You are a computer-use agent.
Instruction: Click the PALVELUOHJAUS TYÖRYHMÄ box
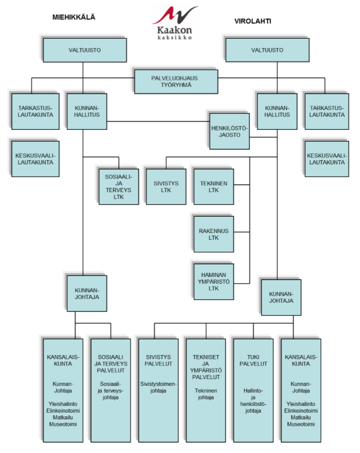[176, 80]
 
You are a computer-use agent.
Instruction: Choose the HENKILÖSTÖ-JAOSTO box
[228, 130]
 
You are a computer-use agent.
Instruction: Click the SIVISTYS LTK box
[166, 187]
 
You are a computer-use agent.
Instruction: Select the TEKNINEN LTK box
[213, 187]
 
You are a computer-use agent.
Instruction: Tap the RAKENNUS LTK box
[213, 234]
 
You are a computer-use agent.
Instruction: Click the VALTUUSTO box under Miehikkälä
[84, 50]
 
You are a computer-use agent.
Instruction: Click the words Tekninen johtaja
[206, 394]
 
